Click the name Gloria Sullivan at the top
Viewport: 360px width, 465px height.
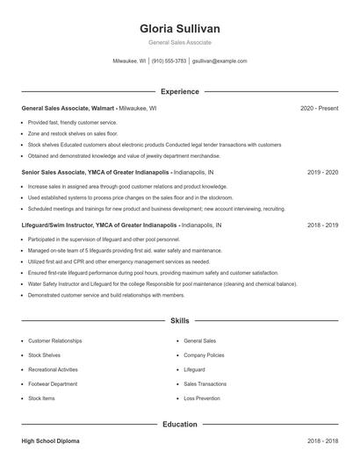[x=180, y=28]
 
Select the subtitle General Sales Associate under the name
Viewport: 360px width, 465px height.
[x=180, y=42]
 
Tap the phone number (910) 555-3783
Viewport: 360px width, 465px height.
[x=169, y=61]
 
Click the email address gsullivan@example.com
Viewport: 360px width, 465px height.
[x=220, y=61]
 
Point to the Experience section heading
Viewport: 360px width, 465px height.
[x=180, y=91]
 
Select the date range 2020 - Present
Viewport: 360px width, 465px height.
[x=319, y=108]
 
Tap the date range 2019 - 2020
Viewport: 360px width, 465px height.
[x=322, y=173]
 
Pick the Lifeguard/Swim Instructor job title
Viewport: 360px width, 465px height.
[x=98, y=225]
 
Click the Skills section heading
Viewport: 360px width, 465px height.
[x=180, y=321]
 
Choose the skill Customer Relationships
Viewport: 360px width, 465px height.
[x=54, y=340]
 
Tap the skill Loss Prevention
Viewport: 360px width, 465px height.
[x=202, y=398]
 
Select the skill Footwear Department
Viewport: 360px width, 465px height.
[x=53, y=383]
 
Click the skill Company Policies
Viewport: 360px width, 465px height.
[x=204, y=354]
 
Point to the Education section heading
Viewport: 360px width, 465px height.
[x=180, y=425]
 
